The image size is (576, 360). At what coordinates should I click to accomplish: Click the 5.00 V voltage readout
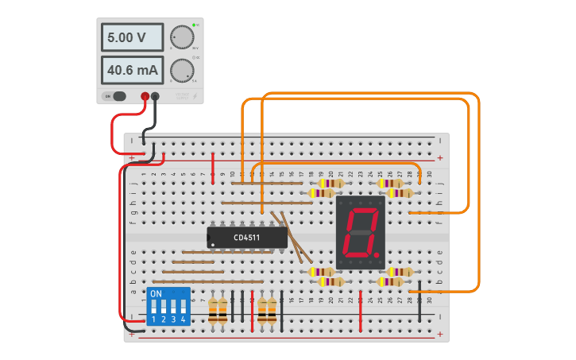[132, 37]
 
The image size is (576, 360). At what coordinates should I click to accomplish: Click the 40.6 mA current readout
[132, 70]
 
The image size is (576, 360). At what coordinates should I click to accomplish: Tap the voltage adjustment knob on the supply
[182, 37]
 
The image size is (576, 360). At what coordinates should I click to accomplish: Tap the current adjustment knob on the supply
[182, 70]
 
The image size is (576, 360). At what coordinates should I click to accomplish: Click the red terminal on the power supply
[145, 97]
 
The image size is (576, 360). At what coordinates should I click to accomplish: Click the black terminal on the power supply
[155, 97]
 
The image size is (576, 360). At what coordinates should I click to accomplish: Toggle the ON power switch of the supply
[116, 96]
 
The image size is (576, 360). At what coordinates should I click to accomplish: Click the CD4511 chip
[247, 237]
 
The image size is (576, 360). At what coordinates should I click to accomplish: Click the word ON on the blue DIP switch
[156, 293]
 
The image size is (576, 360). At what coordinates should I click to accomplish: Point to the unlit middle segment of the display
[360, 233]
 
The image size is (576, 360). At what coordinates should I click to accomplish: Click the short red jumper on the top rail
[213, 165]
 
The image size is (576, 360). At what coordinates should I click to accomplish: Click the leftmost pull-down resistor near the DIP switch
[213, 310]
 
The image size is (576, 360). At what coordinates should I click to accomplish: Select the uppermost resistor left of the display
[327, 183]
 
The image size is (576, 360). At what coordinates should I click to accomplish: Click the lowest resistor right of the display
[395, 281]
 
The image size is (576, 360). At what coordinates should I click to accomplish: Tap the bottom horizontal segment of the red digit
[357, 254]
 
